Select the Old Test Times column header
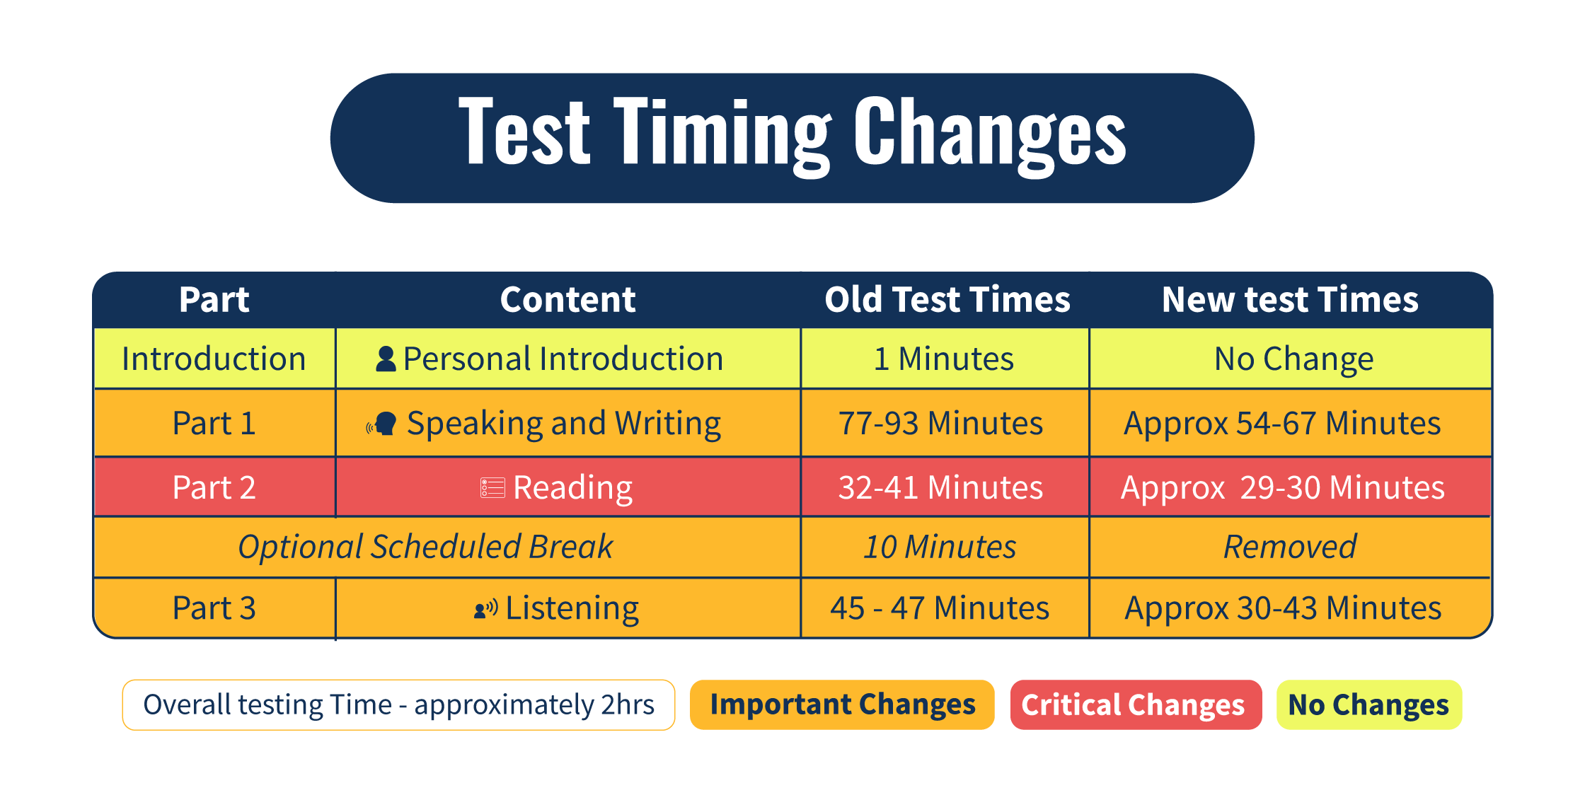click(x=947, y=299)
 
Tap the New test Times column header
click(x=1289, y=299)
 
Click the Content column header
click(x=567, y=299)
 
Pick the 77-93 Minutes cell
click(x=940, y=423)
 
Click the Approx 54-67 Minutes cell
click(x=1282, y=423)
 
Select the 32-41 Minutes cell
click(x=940, y=487)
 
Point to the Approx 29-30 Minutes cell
click(x=1282, y=487)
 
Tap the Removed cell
click(x=1289, y=547)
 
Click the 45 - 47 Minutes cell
click(x=940, y=608)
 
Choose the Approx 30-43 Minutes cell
click(x=1282, y=608)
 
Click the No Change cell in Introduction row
click(x=1293, y=359)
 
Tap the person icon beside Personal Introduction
click(x=386, y=359)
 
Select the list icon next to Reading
click(x=492, y=487)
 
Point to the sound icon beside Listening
click(x=485, y=608)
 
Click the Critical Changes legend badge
click(x=1135, y=704)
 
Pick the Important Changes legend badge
click(x=842, y=704)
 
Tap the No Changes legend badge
click(x=1368, y=704)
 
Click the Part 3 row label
click(x=214, y=608)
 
